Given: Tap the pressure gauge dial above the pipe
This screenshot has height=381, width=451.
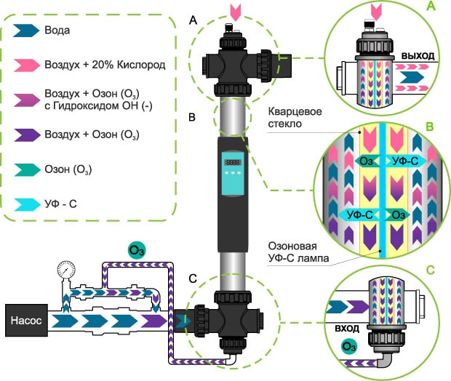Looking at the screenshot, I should point(63,268).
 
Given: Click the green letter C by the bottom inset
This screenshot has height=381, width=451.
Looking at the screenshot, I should point(430,270).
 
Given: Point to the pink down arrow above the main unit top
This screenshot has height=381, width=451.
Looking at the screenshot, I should point(233,12).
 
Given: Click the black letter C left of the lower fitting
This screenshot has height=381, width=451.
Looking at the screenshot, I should point(191,278).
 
